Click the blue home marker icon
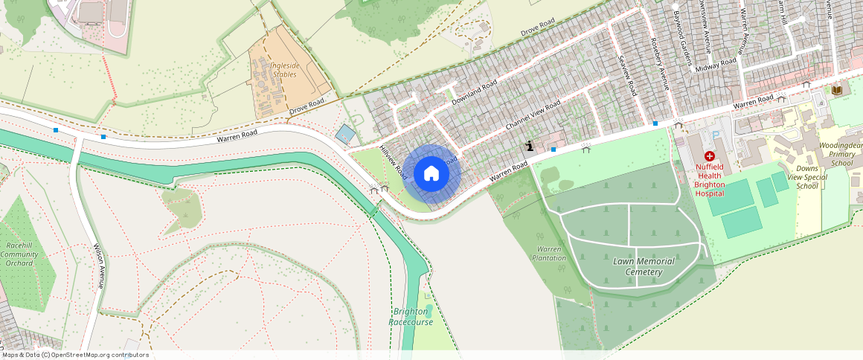click(x=431, y=174)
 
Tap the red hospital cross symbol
click(x=709, y=156)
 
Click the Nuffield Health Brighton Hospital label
click(x=709, y=180)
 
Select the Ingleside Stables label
click(x=284, y=70)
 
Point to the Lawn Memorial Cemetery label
click(x=644, y=266)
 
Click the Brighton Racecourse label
click(x=411, y=317)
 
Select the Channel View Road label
click(x=533, y=116)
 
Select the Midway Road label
click(x=717, y=65)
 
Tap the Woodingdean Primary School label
click(x=841, y=154)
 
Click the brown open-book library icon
click(x=837, y=90)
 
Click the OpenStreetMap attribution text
click(x=75, y=355)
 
